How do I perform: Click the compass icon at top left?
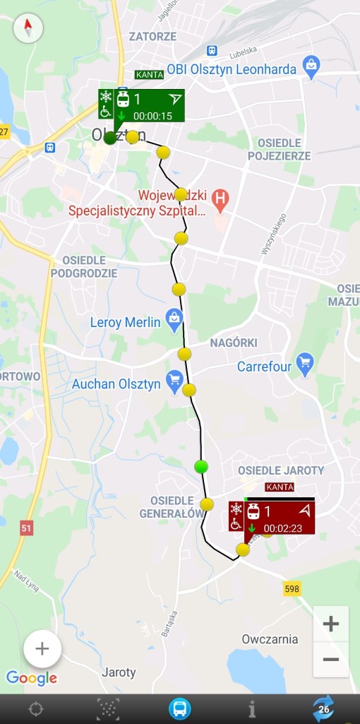pyautogui.click(x=28, y=28)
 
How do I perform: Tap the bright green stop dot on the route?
pyautogui.click(x=201, y=466)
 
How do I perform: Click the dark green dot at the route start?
pyautogui.click(x=110, y=138)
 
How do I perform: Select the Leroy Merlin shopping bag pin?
pyautogui.click(x=174, y=319)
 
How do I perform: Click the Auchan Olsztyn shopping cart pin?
pyautogui.click(x=174, y=381)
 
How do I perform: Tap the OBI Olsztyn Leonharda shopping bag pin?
pyautogui.click(x=311, y=66)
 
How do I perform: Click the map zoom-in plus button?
pyautogui.click(x=330, y=624)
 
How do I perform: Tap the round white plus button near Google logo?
pyautogui.click(x=42, y=648)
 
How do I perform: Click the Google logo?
pyautogui.click(x=32, y=679)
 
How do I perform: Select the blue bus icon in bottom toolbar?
pyautogui.click(x=180, y=708)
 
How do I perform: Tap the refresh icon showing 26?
pyautogui.click(x=324, y=708)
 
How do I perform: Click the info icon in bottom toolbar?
pyautogui.click(x=252, y=708)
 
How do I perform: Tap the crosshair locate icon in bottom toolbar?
pyautogui.click(x=35, y=708)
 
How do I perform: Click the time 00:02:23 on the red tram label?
pyautogui.click(x=282, y=528)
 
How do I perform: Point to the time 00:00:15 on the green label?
pyautogui.click(x=152, y=116)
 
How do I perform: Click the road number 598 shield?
pyautogui.click(x=293, y=588)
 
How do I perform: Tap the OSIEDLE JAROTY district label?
pyautogui.click(x=281, y=470)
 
